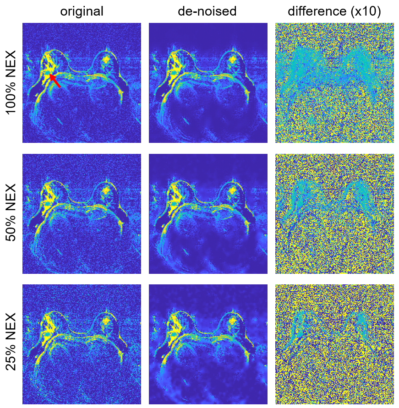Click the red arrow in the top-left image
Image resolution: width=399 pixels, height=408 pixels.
55,80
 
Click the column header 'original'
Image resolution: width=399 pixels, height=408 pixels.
82,11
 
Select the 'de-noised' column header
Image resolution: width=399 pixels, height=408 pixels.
207,11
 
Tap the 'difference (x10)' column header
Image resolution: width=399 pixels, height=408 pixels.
334,11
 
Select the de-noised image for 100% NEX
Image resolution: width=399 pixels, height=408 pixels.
208,83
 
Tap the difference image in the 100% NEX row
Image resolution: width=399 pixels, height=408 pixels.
334,83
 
